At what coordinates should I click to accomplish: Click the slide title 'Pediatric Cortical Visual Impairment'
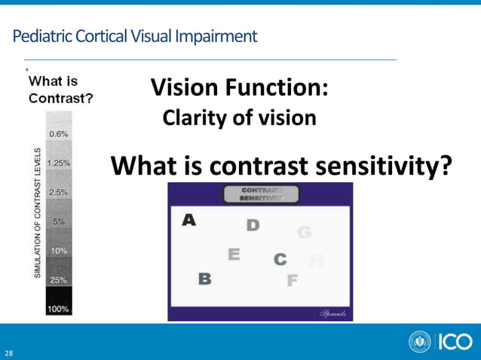click(x=135, y=35)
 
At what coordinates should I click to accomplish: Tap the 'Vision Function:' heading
click(x=239, y=89)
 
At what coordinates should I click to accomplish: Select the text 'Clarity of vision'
click(x=239, y=118)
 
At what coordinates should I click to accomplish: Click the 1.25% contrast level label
click(x=59, y=163)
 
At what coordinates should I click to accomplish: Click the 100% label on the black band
click(x=59, y=309)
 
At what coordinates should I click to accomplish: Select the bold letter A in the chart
click(x=189, y=219)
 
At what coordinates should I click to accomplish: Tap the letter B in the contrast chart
click(x=204, y=279)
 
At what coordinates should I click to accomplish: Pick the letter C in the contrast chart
click(x=280, y=260)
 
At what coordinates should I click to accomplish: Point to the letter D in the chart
click(x=253, y=225)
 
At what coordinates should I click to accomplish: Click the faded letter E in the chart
click(x=234, y=255)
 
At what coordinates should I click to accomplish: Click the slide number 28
click(x=9, y=352)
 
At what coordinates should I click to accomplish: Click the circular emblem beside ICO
click(x=420, y=342)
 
